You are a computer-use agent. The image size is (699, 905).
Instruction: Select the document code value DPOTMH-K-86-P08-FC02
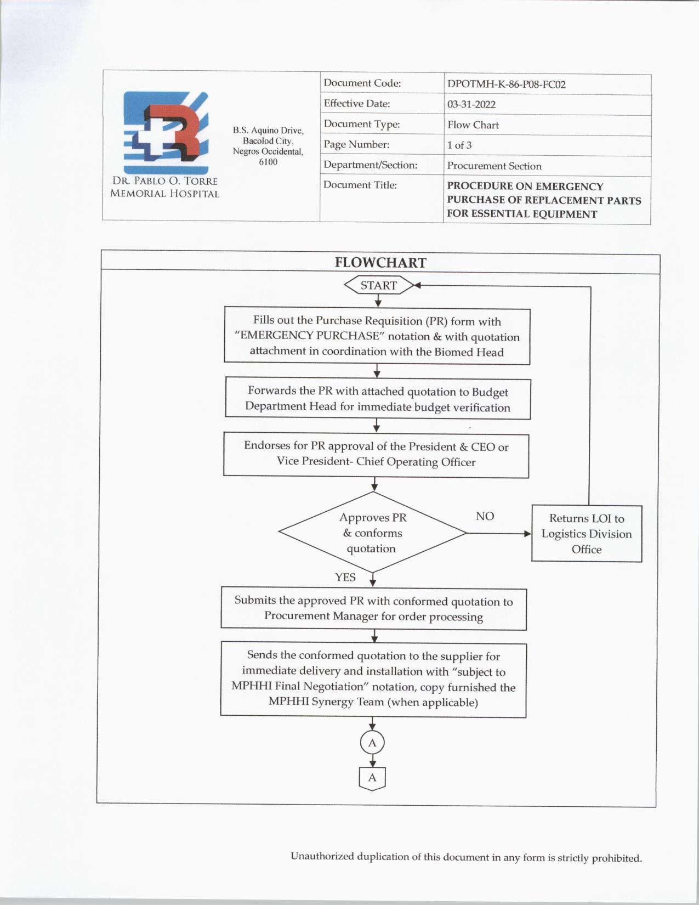pyautogui.click(x=506, y=84)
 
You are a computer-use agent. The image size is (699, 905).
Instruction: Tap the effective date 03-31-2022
pyautogui.click(x=471, y=104)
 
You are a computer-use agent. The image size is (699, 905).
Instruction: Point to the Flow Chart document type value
pyautogui.click(x=473, y=125)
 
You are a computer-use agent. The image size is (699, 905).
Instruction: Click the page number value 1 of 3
pyautogui.click(x=459, y=145)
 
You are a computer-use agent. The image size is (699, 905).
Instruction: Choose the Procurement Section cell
pyautogui.click(x=494, y=166)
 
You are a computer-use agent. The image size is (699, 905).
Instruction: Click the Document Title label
pyautogui.click(x=360, y=185)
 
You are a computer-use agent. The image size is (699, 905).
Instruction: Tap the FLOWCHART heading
pyautogui.click(x=380, y=263)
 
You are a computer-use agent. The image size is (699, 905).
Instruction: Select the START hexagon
pyautogui.click(x=378, y=285)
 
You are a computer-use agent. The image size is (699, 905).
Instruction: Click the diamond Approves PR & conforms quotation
pyautogui.click(x=372, y=533)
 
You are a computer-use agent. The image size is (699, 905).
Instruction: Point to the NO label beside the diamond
pyautogui.click(x=485, y=516)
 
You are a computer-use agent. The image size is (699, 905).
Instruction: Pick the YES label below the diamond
pyautogui.click(x=345, y=577)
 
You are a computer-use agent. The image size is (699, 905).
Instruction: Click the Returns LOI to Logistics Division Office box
pyautogui.click(x=587, y=534)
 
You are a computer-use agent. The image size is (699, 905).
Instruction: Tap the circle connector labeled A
pyautogui.click(x=372, y=743)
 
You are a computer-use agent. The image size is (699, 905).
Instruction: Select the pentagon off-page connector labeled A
pyautogui.click(x=372, y=778)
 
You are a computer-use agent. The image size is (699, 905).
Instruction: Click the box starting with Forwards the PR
pyautogui.click(x=377, y=399)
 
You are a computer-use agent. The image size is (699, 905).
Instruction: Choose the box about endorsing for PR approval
pyautogui.click(x=376, y=454)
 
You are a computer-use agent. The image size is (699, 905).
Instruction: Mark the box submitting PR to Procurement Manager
pyautogui.click(x=373, y=609)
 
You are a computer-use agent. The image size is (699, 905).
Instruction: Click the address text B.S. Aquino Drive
pyautogui.click(x=268, y=131)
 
